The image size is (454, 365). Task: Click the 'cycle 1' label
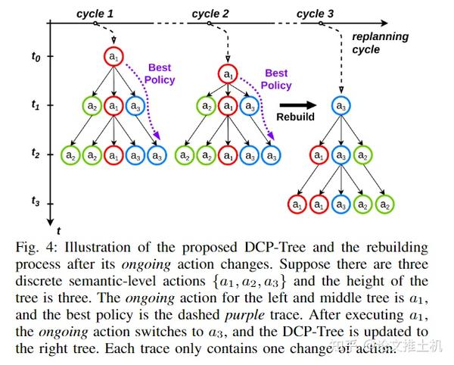pos(95,14)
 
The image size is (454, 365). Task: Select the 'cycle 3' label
pos(315,14)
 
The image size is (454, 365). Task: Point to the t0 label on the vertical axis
pos(36,56)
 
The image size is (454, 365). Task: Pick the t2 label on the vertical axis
pos(36,153)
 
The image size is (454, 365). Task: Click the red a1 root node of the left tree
pos(113,56)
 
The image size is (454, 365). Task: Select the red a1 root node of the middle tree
pos(227,74)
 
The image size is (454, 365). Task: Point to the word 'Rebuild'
pos(295,118)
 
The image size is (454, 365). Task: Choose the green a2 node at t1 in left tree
pos(92,107)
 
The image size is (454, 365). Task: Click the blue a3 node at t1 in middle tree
pos(249,107)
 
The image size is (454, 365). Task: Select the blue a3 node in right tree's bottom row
pos(341,204)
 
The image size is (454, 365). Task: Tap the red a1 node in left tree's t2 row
pos(113,155)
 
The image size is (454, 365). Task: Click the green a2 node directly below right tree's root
pos(363,156)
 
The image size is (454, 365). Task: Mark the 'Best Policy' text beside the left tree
pos(160,74)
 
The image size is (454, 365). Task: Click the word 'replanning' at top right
pos(381,36)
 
